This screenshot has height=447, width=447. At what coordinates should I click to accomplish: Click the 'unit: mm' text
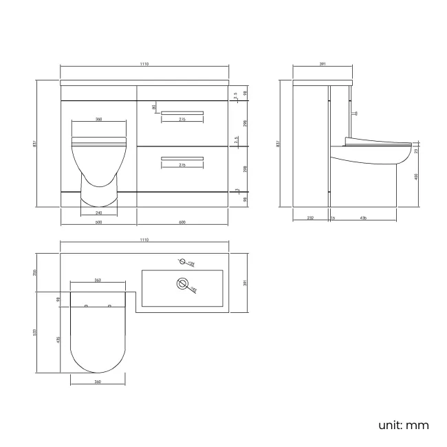coord(404,425)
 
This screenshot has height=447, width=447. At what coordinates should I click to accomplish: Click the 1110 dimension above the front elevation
coord(144,64)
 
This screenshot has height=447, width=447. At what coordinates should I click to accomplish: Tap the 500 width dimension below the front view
coord(98,221)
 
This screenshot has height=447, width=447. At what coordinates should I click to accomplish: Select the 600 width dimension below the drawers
coord(182,221)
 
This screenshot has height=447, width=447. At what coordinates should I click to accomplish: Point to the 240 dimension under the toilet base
coord(98,212)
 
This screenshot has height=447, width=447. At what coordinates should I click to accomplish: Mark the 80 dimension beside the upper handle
coord(155,107)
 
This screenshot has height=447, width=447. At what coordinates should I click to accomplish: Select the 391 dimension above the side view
coord(323,64)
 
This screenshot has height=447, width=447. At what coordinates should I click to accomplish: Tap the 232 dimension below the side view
coord(310,218)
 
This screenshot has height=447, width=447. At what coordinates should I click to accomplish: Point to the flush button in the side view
coord(354,113)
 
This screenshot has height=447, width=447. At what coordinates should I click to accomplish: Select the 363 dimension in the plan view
coord(98,281)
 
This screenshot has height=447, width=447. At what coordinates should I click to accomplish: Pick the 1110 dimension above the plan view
coord(144,240)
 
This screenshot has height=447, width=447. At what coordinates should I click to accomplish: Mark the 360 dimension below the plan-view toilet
coord(98,382)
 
